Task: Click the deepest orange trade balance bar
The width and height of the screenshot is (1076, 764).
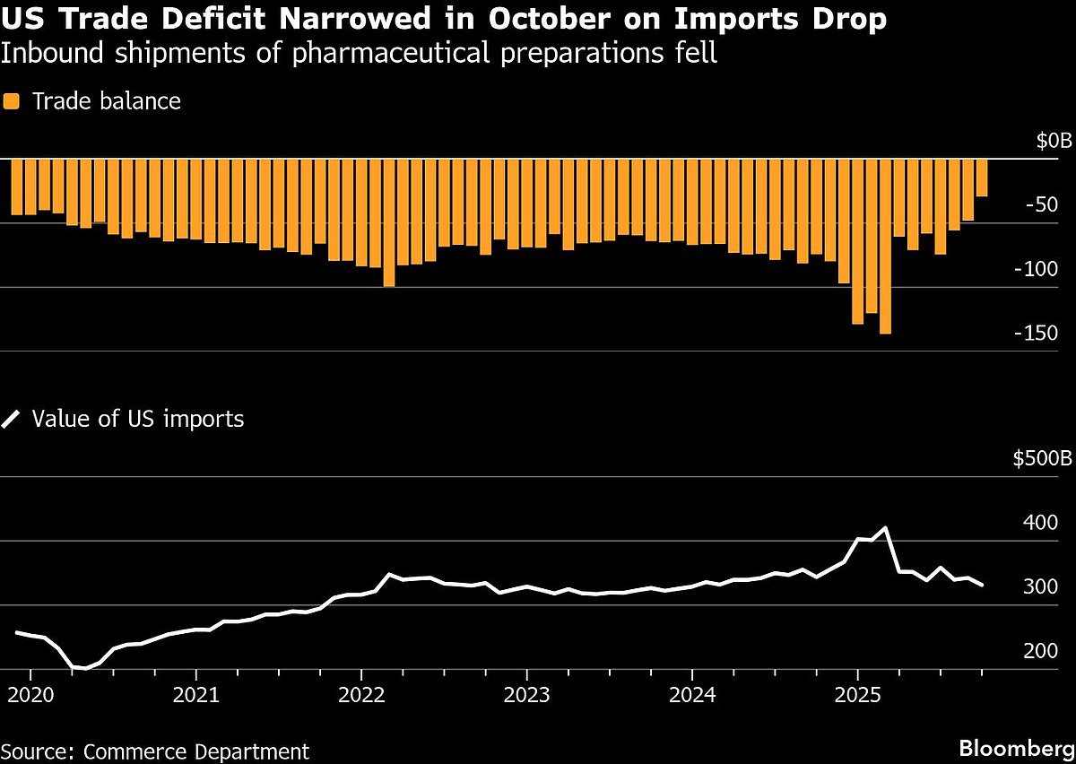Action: coord(885,247)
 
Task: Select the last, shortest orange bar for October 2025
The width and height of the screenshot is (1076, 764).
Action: coord(982,178)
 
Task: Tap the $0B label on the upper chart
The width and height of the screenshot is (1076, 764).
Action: coord(1053,142)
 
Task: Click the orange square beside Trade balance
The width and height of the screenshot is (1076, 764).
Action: coord(11,101)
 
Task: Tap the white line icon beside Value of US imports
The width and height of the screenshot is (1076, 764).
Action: coord(11,419)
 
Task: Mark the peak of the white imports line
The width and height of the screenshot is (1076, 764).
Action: coord(886,528)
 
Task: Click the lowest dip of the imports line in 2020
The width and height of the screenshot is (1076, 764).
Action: coord(85,669)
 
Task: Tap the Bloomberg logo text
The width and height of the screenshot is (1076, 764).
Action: coord(1013,748)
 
